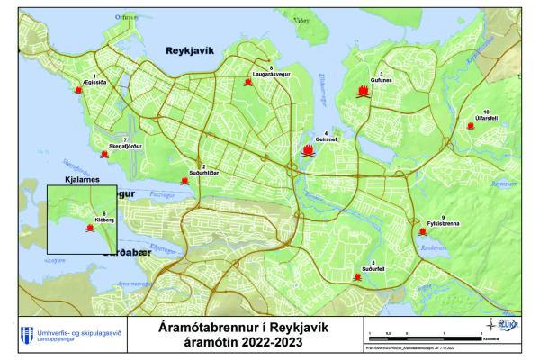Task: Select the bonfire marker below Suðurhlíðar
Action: pyautogui.click(x=184, y=181)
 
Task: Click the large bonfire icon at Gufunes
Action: pyautogui.click(x=363, y=92)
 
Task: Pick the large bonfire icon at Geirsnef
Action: pyautogui.click(x=308, y=151)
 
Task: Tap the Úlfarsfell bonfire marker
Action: pyautogui.click(x=471, y=126)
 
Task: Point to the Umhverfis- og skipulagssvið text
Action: pyautogui.click(x=76, y=331)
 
